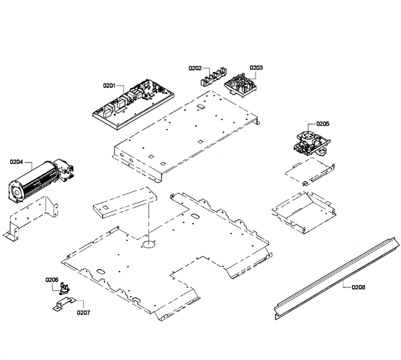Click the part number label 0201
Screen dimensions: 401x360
tap(109, 85)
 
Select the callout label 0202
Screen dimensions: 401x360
tap(195, 68)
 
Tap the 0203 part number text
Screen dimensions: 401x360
tap(256, 67)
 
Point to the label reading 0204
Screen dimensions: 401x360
tap(17, 162)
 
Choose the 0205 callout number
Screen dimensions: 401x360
tap(323, 124)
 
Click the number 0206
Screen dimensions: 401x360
tap(52, 280)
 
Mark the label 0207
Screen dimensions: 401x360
tap(83, 312)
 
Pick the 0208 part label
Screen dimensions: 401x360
tap(359, 287)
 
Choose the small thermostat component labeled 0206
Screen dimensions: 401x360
tap(64, 288)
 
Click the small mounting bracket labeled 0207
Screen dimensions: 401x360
tap(65, 304)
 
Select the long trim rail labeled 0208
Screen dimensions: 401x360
tap(337, 278)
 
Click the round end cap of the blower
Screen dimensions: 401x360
tap(17, 192)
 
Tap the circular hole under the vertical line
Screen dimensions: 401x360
tap(149, 244)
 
